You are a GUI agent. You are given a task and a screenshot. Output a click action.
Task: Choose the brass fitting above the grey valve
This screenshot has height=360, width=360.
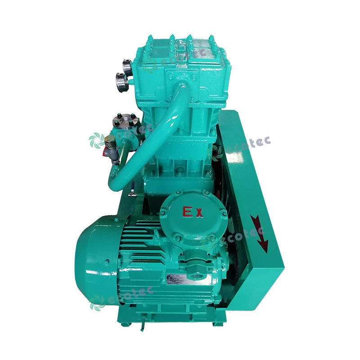109,143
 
